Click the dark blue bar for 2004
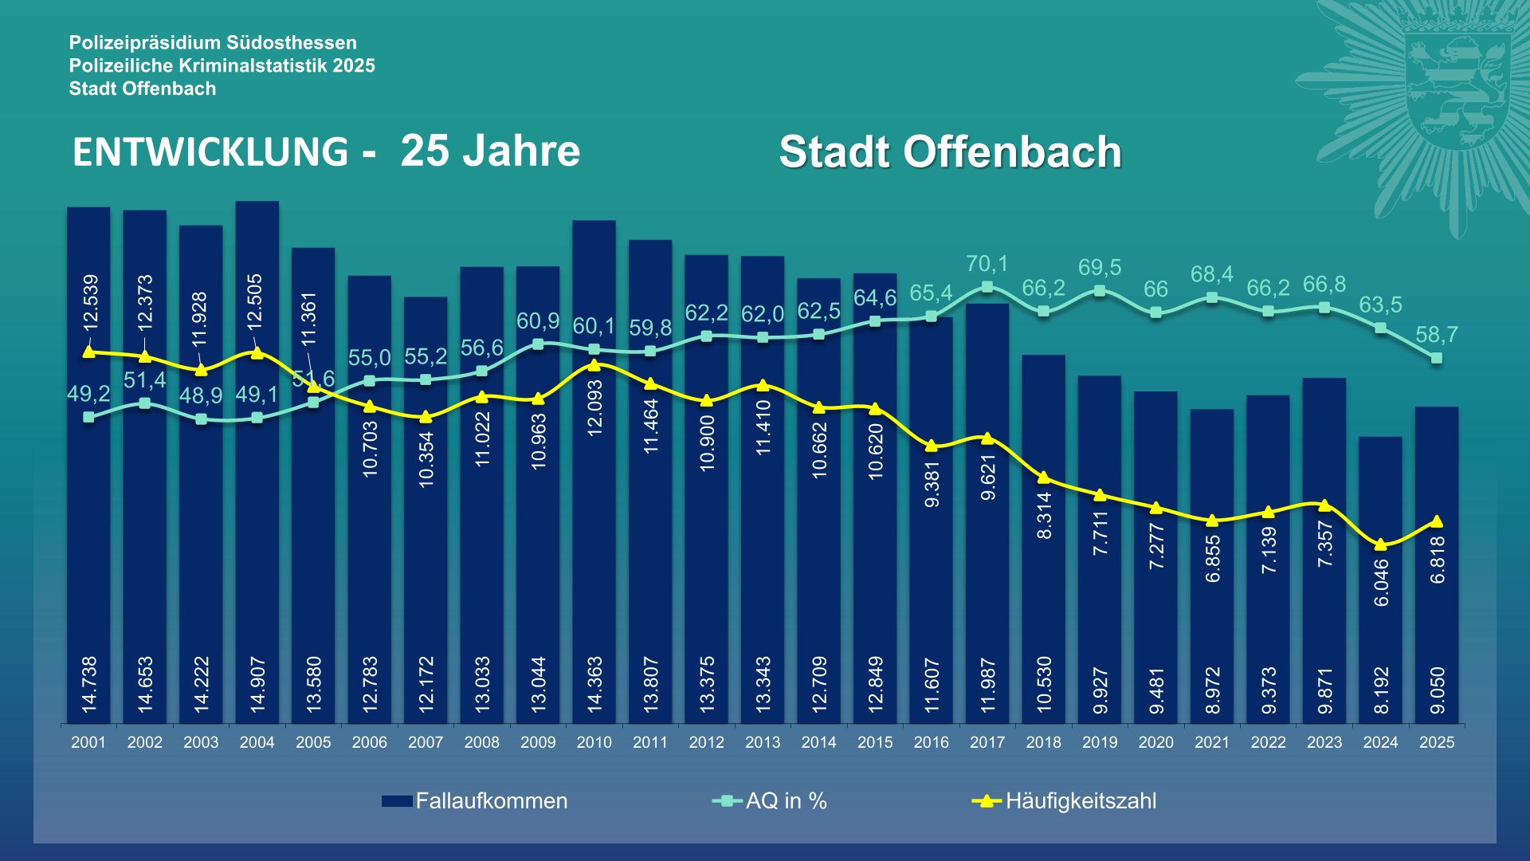(x=257, y=518)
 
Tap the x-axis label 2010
(x=594, y=742)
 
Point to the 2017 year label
(x=987, y=742)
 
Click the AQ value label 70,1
(x=987, y=264)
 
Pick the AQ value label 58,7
(x=1437, y=335)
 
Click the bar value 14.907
(x=257, y=684)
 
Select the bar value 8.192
(x=1381, y=690)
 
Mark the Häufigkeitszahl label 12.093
(x=594, y=407)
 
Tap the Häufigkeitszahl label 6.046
(x=1381, y=582)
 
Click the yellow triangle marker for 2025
(x=1437, y=521)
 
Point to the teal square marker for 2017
(x=987, y=287)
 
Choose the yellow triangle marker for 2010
(x=594, y=365)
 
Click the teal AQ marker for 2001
(x=88, y=417)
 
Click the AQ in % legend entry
(x=770, y=801)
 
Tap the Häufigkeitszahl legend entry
(x=1065, y=801)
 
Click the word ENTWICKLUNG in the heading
(x=210, y=152)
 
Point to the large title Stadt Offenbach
(x=950, y=152)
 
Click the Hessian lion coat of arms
(x=1457, y=88)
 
